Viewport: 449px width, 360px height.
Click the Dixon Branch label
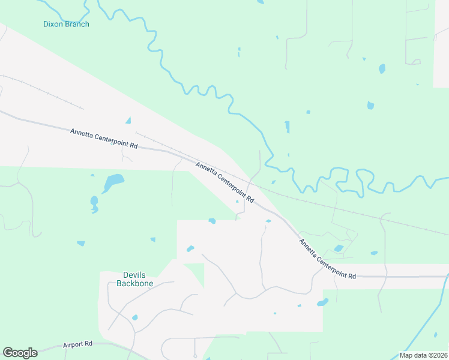[x=66, y=25]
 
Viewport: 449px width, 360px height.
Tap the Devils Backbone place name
[x=135, y=279]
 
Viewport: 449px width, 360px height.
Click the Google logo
[x=20, y=353]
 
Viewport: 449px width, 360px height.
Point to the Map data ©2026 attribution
[x=423, y=355]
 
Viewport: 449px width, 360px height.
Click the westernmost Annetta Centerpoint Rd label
[x=104, y=138]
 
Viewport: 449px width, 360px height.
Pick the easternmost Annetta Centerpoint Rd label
[x=328, y=259]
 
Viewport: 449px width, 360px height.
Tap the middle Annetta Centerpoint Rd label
[x=225, y=181]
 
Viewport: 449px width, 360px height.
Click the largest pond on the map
[x=113, y=180]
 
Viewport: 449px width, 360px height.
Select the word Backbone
[x=135, y=283]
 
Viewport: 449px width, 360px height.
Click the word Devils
[x=135, y=275]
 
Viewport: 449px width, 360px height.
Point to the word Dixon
[x=53, y=25]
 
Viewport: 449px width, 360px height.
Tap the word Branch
[x=77, y=25]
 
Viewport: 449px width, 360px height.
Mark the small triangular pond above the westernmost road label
[x=128, y=121]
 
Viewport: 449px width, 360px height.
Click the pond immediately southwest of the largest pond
[x=94, y=202]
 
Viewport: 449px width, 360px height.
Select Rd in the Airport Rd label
[x=88, y=344]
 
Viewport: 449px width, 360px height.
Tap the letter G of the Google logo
[x=8, y=353]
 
